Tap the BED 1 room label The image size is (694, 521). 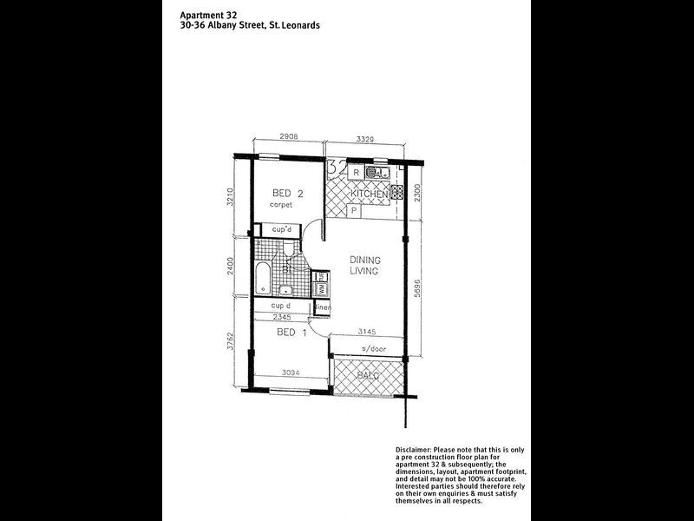[x=291, y=333]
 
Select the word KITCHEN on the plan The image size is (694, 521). [x=369, y=195]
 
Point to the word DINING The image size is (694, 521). [x=366, y=260]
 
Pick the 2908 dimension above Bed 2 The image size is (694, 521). [x=267, y=136]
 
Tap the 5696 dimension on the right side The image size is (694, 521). [x=417, y=287]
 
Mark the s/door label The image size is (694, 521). [x=362, y=349]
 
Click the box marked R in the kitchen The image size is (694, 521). [x=357, y=173]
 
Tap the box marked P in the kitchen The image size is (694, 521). [x=354, y=210]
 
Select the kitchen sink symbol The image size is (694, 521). [x=376, y=173]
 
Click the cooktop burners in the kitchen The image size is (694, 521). [x=399, y=193]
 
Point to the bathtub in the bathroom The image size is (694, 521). [x=263, y=278]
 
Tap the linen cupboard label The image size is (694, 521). [x=322, y=307]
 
